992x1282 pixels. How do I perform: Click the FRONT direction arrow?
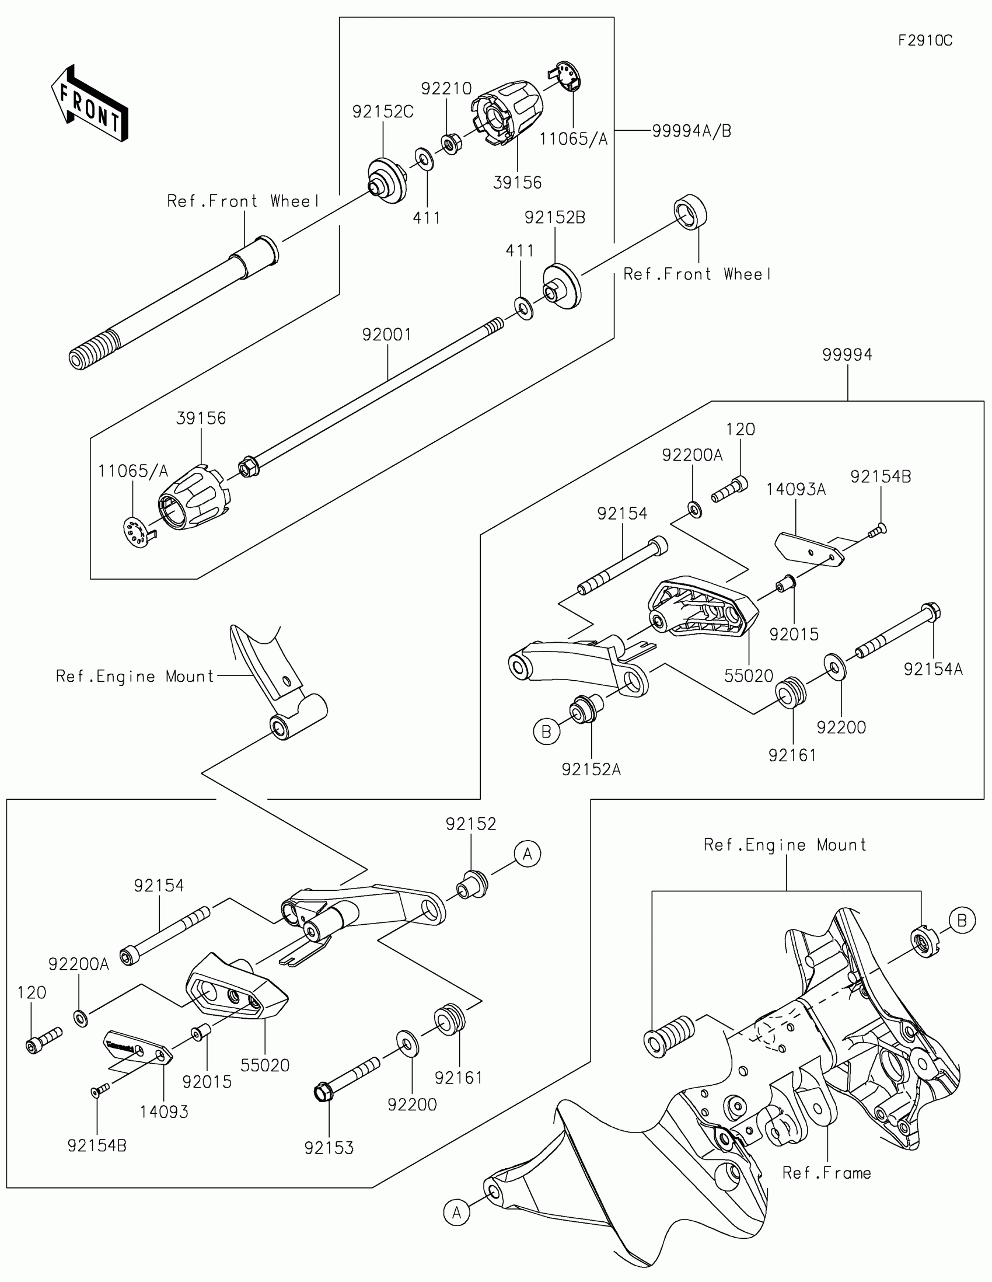pos(89,103)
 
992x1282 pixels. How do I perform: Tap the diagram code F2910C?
pos(925,40)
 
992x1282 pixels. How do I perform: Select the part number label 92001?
pos(387,335)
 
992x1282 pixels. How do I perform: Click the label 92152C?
pos(382,112)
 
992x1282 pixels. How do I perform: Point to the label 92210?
pos(446,89)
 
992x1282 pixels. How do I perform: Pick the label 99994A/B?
pos(691,131)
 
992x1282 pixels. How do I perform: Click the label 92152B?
pos(555,218)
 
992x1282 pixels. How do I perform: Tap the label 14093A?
pos(795,489)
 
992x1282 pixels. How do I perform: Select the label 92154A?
pos(933,669)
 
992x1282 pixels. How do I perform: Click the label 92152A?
pos(591,769)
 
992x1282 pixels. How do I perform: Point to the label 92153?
pos(329,1148)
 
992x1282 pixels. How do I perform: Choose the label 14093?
pos(164,1112)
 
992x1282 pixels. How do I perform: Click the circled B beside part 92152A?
pos(546,732)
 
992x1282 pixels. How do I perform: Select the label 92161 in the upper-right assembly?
pos(792,755)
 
